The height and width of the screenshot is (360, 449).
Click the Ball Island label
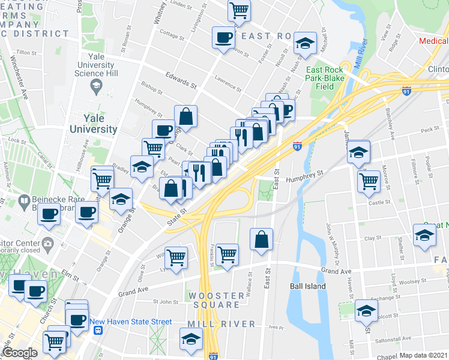(x=307, y=286)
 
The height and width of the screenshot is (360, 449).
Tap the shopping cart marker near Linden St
(x=239, y=10)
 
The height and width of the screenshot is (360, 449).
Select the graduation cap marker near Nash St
(x=305, y=43)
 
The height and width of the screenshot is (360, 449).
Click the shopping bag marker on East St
(x=262, y=239)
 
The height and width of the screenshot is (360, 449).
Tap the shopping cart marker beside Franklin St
(x=227, y=255)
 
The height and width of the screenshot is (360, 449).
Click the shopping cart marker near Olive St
(x=176, y=257)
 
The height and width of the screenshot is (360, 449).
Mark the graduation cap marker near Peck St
(x=358, y=152)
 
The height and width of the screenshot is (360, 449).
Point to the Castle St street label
(x=379, y=203)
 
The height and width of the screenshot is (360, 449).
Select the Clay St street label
(x=373, y=238)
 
